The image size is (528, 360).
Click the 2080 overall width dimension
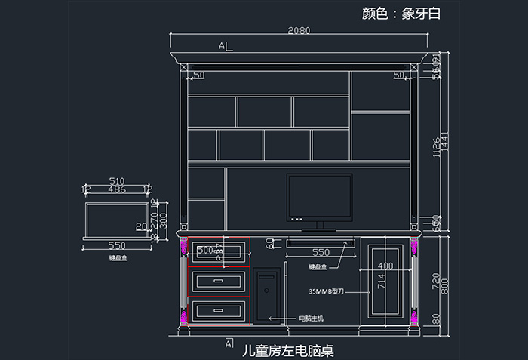pyautogui.click(x=299, y=30)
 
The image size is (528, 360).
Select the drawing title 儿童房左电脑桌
pyautogui.click(x=287, y=351)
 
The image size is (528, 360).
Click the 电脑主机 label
pyautogui.click(x=312, y=318)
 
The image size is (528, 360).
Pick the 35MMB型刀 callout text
pyautogui.click(x=327, y=291)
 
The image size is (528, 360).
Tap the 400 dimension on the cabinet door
pyautogui.click(x=385, y=266)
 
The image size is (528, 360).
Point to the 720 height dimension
pyautogui.click(x=435, y=279)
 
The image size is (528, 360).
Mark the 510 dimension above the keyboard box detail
pyautogui.click(x=117, y=181)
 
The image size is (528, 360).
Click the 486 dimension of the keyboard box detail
pyautogui.click(x=117, y=189)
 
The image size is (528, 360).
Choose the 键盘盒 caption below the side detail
pyautogui.click(x=118, y=257)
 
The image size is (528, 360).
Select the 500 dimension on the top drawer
pyautogui.click(x=205, y=249)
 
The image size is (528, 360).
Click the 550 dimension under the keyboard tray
pyautogui.click(x=320, y=252)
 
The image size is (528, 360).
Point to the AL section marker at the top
pyautogui.click(x=225, y=47)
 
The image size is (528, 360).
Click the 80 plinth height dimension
pyautogui.click(x=435, y=319)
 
